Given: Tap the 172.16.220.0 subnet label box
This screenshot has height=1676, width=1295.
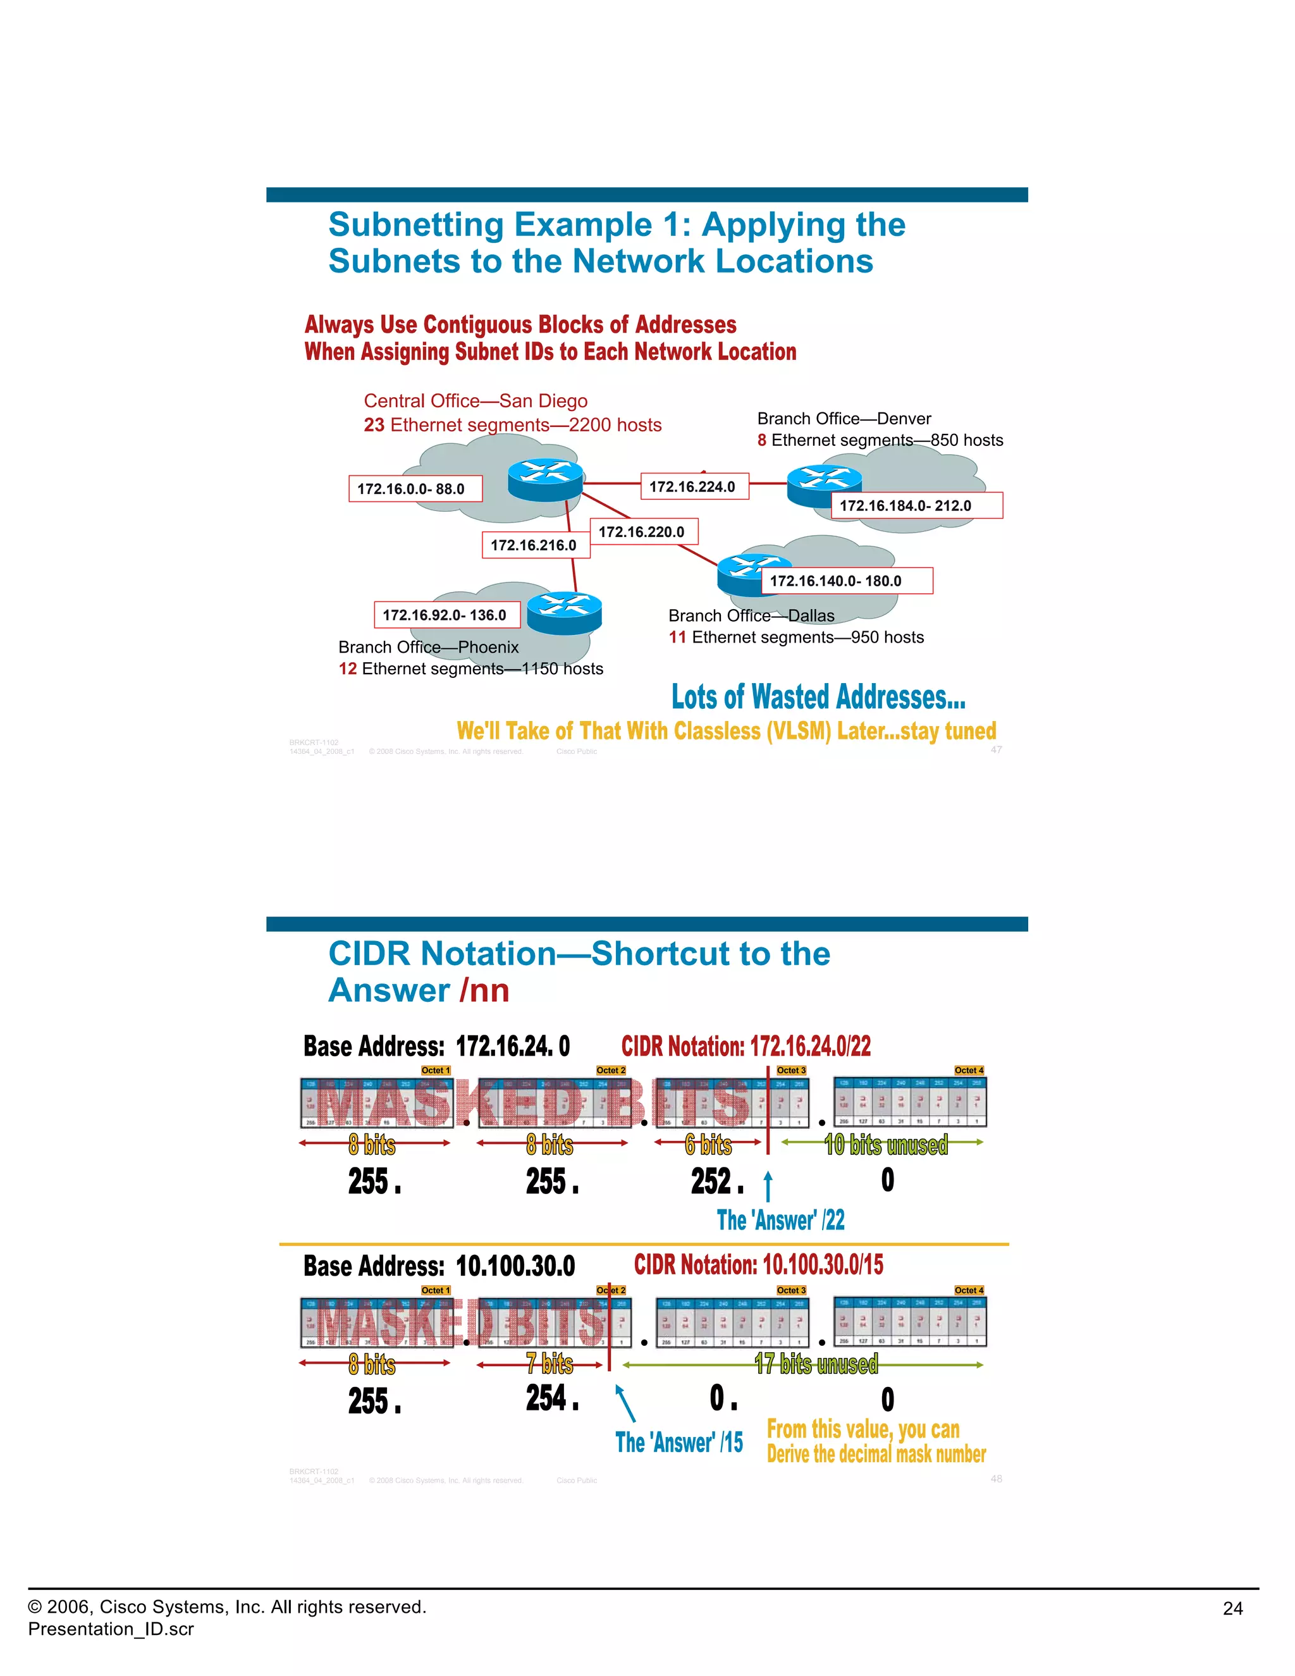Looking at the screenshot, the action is tap(643, 532).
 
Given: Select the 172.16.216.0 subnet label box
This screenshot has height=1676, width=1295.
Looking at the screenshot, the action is tap(535, 545).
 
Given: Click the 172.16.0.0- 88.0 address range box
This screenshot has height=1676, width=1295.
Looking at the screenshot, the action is tap(415, 489).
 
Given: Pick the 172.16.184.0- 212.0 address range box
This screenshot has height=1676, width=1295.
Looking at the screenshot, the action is tap(916, 506).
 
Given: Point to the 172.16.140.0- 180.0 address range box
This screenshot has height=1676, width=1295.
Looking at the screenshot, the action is tap(846, 581).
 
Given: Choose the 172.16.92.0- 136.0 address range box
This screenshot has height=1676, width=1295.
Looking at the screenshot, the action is tap(446, 615).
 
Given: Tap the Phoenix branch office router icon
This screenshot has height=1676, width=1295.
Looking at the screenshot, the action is tap(564, 612).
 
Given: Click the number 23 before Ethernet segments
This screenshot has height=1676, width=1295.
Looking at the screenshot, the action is tap(374, 425).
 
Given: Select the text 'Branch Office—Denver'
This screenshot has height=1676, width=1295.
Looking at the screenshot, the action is tap(844, 418).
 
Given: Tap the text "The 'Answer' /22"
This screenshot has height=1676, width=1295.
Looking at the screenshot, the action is tap(780, 1220).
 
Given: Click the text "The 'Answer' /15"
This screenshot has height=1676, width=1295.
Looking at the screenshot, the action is tap(679, 1443).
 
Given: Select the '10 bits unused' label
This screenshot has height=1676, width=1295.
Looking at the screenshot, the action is tap(886, 1145).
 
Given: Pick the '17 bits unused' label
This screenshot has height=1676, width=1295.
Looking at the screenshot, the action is tap(816, 1364).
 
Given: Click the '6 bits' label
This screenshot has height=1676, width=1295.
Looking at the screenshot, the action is tap(708, 1145).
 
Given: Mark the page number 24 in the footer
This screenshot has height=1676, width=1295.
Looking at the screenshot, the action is tap(1232, 1608).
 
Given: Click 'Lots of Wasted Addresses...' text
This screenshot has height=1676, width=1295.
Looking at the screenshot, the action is tap(818, 697).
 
